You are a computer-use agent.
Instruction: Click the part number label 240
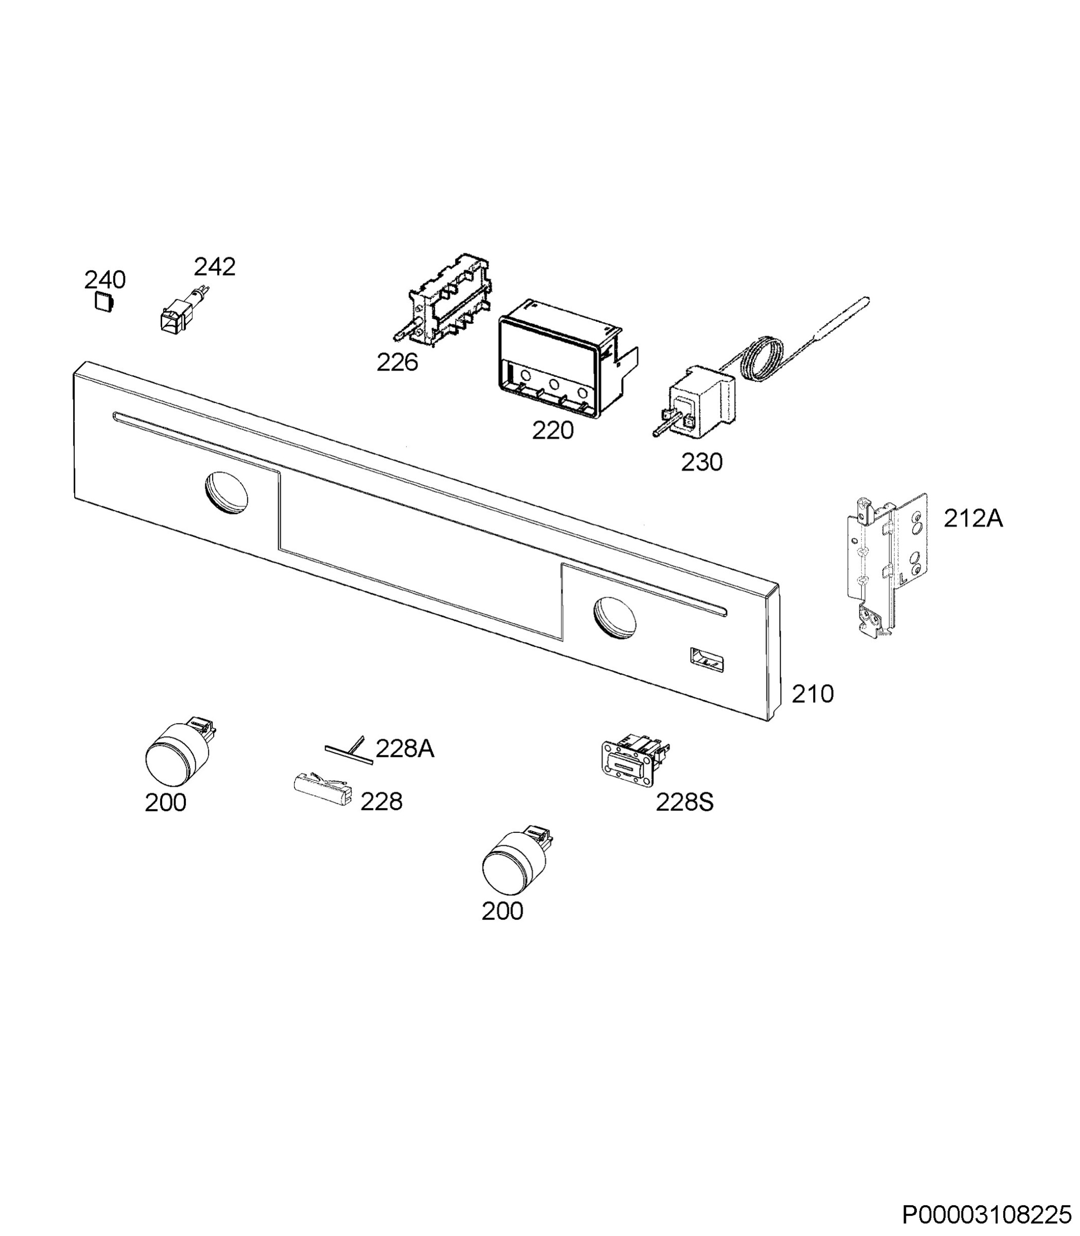pyautogui.click(x=105, y=280)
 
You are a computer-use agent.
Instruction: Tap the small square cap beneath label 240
pyautogui.click(x=104, y=301)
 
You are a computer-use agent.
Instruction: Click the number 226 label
pyautogui.click(x=397, y=362)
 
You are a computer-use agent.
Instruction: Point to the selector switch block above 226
pyautogui.click(x=441, y=300)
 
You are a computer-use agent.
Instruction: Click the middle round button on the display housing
pyautogui.click(x=554, y=385)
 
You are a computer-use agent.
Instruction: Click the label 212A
pyautogui.click(x=973, y=519)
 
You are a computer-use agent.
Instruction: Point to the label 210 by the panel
pyautogui.click(x=812, y=694)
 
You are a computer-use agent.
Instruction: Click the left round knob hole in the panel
pyautogui.click(x=227, y=492)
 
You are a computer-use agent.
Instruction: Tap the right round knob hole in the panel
pyautogui.click(x=615, y=617)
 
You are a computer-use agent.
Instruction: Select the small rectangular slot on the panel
pyautogui.click(x=708, y=660)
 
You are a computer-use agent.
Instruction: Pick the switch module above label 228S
pyautogui.click(x=635, y=761)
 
